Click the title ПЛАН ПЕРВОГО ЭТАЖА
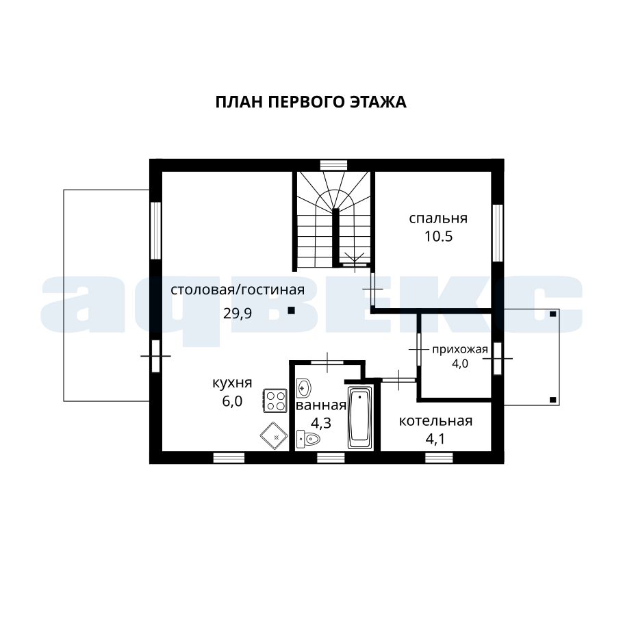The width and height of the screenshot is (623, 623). (311, 102)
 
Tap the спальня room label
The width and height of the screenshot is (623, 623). (438, 218)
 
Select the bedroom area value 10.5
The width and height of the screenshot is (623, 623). (438, 236)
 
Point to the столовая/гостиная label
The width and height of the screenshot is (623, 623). (238, 290)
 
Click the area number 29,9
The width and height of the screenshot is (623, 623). (238, 314)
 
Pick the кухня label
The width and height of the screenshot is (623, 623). (232, 383)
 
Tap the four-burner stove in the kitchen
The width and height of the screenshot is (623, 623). (275, 400)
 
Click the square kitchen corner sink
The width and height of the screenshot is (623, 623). (274, 436)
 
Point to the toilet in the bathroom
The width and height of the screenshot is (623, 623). (308, 439)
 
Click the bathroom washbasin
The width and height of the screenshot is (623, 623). (304, 387)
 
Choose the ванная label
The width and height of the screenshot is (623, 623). (321, 405)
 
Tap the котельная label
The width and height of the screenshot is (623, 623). (435, 421)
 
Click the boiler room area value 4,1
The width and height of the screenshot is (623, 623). (435, 439)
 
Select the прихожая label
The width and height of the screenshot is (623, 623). (459, 349)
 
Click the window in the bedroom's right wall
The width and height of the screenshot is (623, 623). (498, 233)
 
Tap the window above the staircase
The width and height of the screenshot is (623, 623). (334, 165)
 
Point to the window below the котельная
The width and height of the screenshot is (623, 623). (439, 458)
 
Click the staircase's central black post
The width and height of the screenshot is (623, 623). (335, 238)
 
